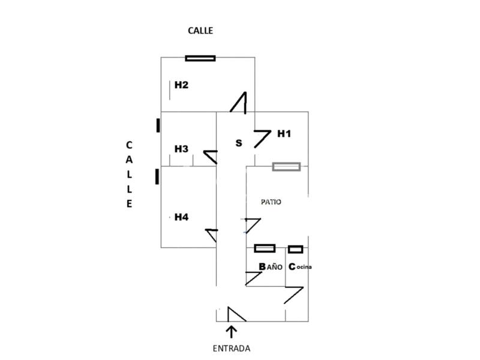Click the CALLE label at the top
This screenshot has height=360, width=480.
tap(200, 31)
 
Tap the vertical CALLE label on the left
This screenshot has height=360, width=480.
tap(129, 174)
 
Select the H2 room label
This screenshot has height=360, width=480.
tap(181, 85)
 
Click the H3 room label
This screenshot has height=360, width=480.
tap(181, 149)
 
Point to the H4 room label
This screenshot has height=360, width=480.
tap(181, 217)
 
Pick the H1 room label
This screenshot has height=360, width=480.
tap(284, 134)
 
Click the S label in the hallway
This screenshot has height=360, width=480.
tap(239, 143)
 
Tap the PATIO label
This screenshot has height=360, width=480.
tap(271, 202)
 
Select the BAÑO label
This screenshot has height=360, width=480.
tap(271, 266)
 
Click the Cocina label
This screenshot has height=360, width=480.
tap(301, 267)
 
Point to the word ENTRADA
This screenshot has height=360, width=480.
tap(232, 348)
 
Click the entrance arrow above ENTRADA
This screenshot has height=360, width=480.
tap(232, 331)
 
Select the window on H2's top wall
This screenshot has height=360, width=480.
tap(200, 58)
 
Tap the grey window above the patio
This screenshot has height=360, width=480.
tap(286, 167)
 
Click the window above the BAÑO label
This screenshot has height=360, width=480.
tap(265, 248)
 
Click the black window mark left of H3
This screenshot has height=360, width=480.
tap(158, 125)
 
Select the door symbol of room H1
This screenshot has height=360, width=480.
tap(263, 138)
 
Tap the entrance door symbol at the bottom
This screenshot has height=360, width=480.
tap(236, 315)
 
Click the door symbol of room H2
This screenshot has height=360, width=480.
tap(239, 103)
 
